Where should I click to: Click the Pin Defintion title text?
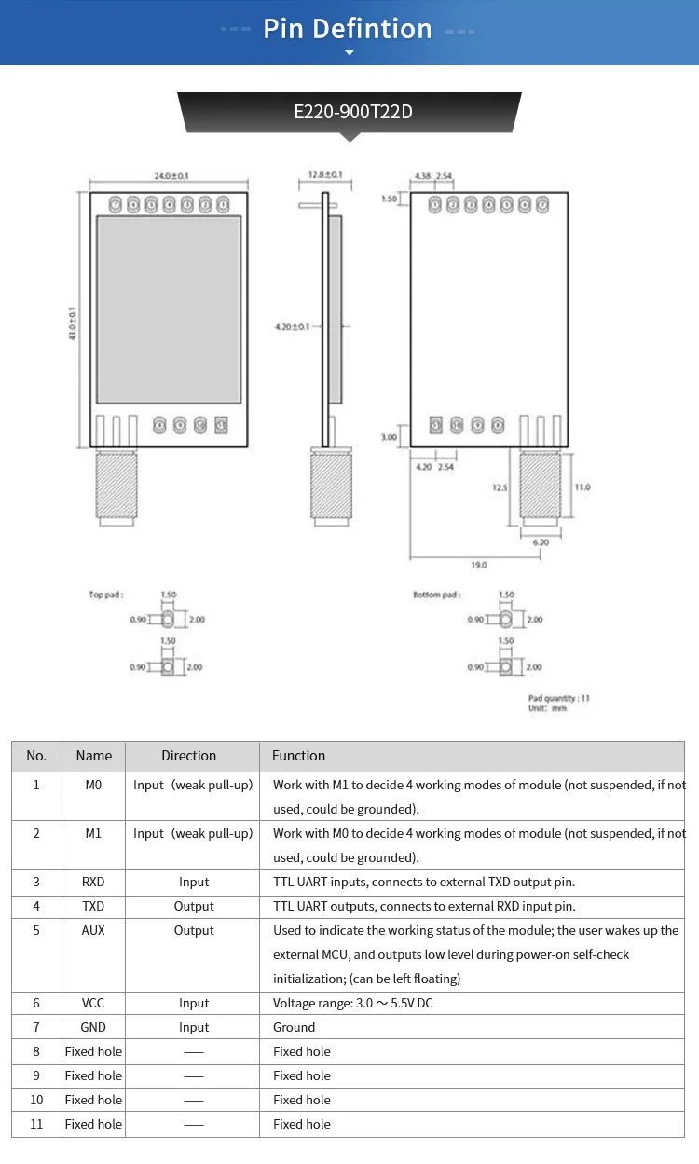[348, 29]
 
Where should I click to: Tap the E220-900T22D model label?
[352, 112]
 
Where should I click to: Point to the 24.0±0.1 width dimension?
[171, 176]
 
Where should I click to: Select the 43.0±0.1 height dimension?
[73, 323]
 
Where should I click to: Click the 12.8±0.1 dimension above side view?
[324, 175]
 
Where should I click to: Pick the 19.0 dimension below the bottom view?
[479, 565]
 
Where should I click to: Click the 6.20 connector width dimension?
[540, 541]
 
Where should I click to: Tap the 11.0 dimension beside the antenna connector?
[582, 486]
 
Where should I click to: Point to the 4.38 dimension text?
[422, 176]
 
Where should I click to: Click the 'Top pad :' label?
[106, 595]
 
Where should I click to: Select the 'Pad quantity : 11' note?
[559, 698]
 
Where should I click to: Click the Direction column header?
[188, 756]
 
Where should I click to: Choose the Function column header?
[299, 756]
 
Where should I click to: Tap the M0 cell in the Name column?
[93, 785]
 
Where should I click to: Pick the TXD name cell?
[93, 906]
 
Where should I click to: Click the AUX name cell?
[93, 930]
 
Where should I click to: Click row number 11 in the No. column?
[36, 1124]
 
